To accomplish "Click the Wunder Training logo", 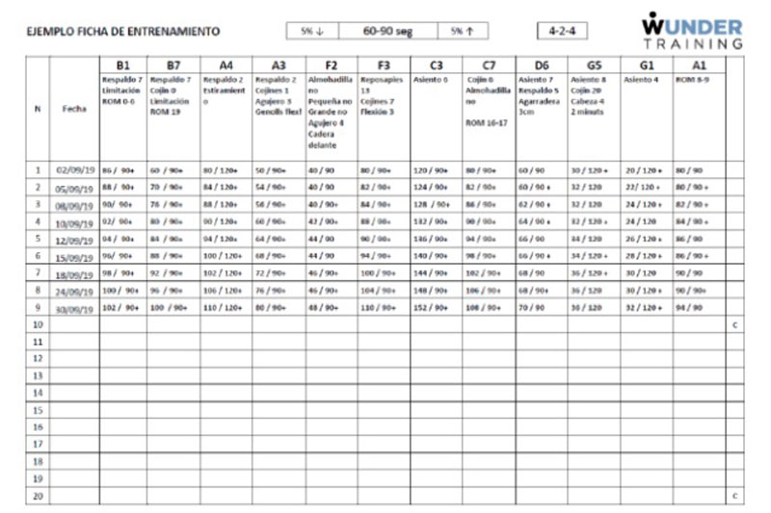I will [x=692, y=31].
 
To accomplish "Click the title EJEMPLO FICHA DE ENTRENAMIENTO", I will [x=122, y=32].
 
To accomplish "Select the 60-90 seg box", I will [x=387, y=31].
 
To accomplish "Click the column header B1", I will [x=122, y=64].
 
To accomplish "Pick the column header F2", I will [x=331, y=64].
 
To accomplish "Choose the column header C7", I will [x=488, y=64].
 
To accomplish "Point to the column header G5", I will [x=593, y=64].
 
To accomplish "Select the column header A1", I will [x=698, y=64].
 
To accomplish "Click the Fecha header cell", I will [x=73, y=110].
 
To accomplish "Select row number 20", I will [x=37, y=496].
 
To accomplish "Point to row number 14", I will [x=37, y=393].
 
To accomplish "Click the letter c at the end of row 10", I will [x=734, y=325].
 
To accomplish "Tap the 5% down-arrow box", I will [x=312, y=31].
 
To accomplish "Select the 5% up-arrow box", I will [x=462, y=31].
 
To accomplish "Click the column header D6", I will [x=541, y=64].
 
